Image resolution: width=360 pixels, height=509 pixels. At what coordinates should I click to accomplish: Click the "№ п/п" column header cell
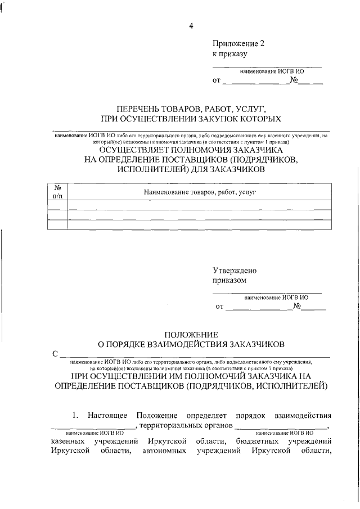pyautogui.click(x=57, y=192)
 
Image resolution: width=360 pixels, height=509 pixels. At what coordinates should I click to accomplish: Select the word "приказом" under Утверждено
pyautogui.click(x=229, y=280)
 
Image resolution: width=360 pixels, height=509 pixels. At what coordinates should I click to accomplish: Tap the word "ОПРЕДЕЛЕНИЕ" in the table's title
pyautogui.click(x=132, y=160)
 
